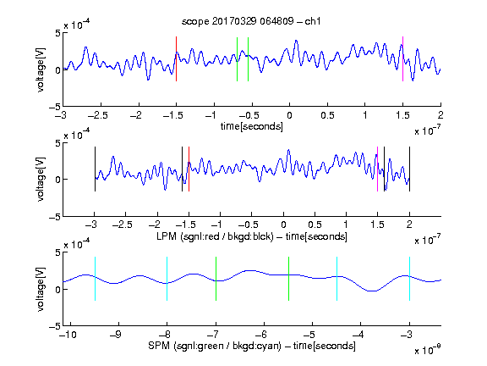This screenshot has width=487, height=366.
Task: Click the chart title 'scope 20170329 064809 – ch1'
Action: point(251,21)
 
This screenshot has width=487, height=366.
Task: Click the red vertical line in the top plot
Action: point(176,58)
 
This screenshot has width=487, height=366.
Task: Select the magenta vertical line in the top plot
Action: point(402,58)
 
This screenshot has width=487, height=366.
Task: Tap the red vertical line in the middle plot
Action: point(189,169)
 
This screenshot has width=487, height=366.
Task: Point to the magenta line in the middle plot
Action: point(377,169)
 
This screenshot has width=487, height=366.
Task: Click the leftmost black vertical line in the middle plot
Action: point(95,169)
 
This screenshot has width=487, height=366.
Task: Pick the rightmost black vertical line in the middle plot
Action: point(409,169)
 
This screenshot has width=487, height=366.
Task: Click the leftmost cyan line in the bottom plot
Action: point(95,279)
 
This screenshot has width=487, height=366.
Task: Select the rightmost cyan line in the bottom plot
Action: point(409,279)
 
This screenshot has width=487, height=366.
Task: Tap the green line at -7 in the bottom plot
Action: point(216,279)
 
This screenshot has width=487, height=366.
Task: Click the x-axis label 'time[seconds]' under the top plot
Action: point(252,126)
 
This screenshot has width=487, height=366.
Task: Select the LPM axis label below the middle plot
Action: point(252,236)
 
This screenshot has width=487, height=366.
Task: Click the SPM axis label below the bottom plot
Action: point(252,346)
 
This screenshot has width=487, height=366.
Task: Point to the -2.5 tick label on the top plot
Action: point(97,115)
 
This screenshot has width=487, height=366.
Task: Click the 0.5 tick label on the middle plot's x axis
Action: point(315,225)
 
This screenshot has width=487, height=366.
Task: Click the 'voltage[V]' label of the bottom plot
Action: point(41,289)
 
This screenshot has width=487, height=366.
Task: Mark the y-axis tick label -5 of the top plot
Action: point(55,107)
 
